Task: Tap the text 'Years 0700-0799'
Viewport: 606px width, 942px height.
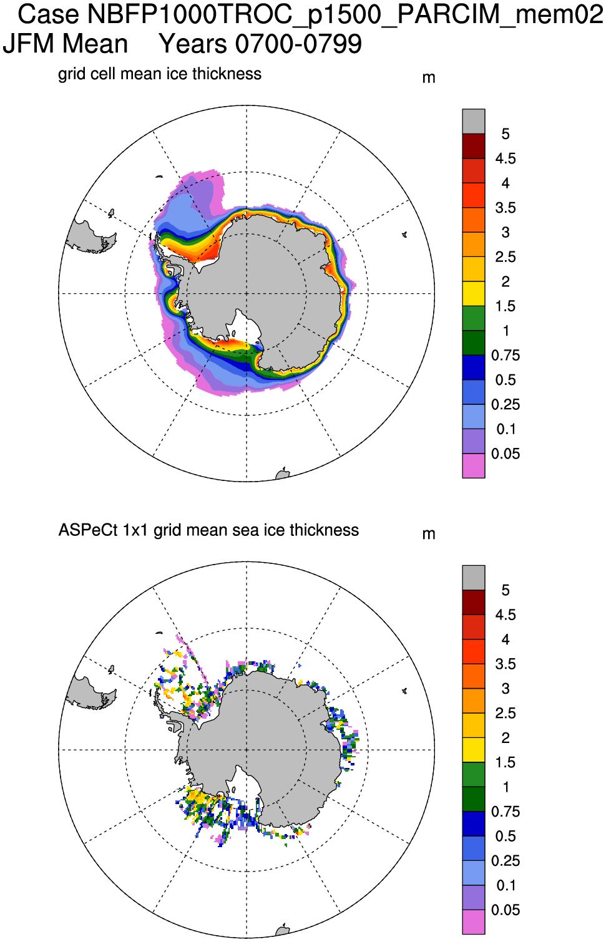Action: (260, 44)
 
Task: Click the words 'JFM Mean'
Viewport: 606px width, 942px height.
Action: (66, 44)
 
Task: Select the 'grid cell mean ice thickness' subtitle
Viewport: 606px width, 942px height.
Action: (160, 74)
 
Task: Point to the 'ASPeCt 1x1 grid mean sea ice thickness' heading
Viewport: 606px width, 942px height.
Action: (208, 530)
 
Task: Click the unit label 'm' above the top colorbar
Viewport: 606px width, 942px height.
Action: (429, 78)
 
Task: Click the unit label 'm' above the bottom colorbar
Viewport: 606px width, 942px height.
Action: (429, 534)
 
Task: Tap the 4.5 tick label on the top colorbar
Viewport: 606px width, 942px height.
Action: (506, 158)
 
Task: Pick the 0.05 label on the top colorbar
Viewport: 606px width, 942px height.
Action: (506, 454)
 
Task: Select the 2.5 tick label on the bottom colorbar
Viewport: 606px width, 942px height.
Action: (506, 713)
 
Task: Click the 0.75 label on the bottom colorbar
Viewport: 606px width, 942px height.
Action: (506, 812)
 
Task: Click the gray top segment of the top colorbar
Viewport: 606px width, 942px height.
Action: (474, 121)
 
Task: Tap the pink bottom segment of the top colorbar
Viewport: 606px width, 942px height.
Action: (474, 465)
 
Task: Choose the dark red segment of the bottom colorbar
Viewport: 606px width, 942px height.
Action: (474, 602)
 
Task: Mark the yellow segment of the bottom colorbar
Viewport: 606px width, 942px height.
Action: (474, 750)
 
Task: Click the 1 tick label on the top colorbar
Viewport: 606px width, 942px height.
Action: (506, 331)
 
